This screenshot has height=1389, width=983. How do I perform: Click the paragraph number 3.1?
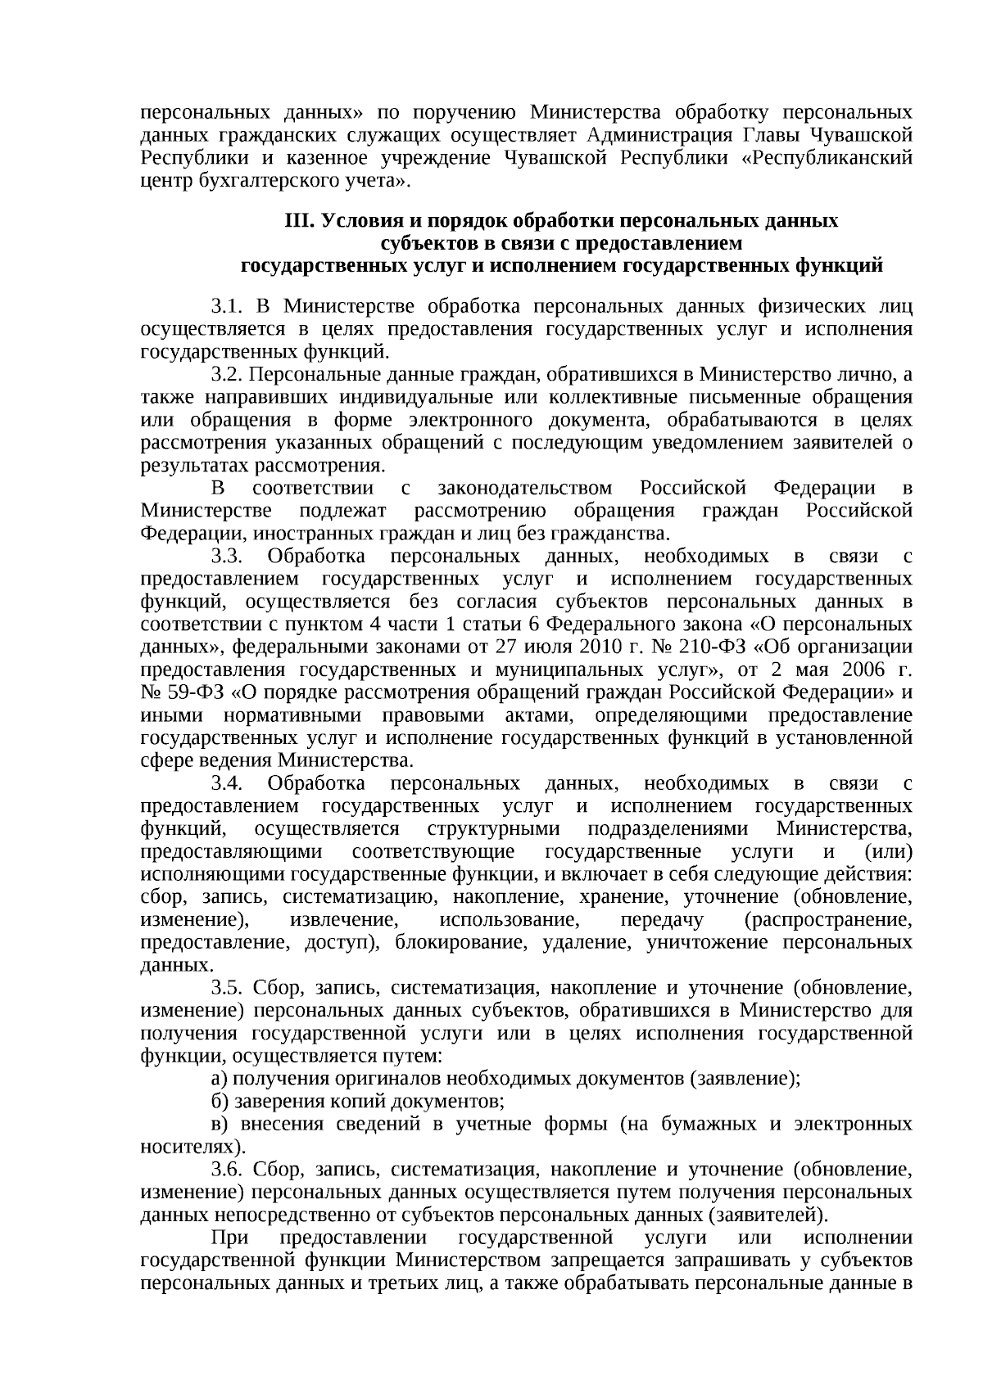227,307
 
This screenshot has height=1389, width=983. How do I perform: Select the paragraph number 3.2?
227,375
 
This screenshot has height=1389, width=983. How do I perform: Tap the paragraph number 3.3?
227,557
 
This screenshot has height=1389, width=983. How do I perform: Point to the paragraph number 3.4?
227,784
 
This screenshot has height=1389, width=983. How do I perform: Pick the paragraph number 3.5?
227,988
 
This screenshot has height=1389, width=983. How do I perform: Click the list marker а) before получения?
217,1079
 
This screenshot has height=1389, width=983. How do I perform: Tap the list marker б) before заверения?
217,1102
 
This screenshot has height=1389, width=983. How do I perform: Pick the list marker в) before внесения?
217,1124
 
